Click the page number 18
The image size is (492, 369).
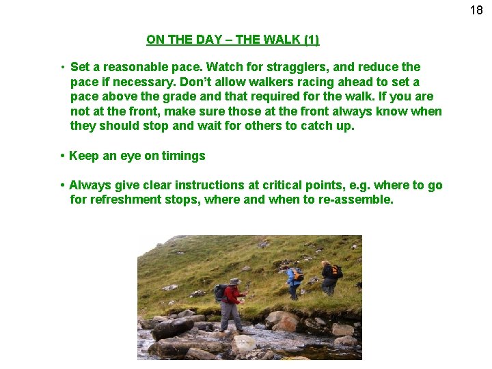(x=476, y=10)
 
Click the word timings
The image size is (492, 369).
(x=183, y=156)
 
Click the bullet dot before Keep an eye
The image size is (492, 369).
(x=62, y=156)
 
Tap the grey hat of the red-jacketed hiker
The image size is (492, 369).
(x=235, y=282)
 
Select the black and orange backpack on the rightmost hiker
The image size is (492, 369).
(x=334, y=271)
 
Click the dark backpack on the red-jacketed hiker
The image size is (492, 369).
(x=221, y=292)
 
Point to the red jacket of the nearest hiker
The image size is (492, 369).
(x=233, y=295)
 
